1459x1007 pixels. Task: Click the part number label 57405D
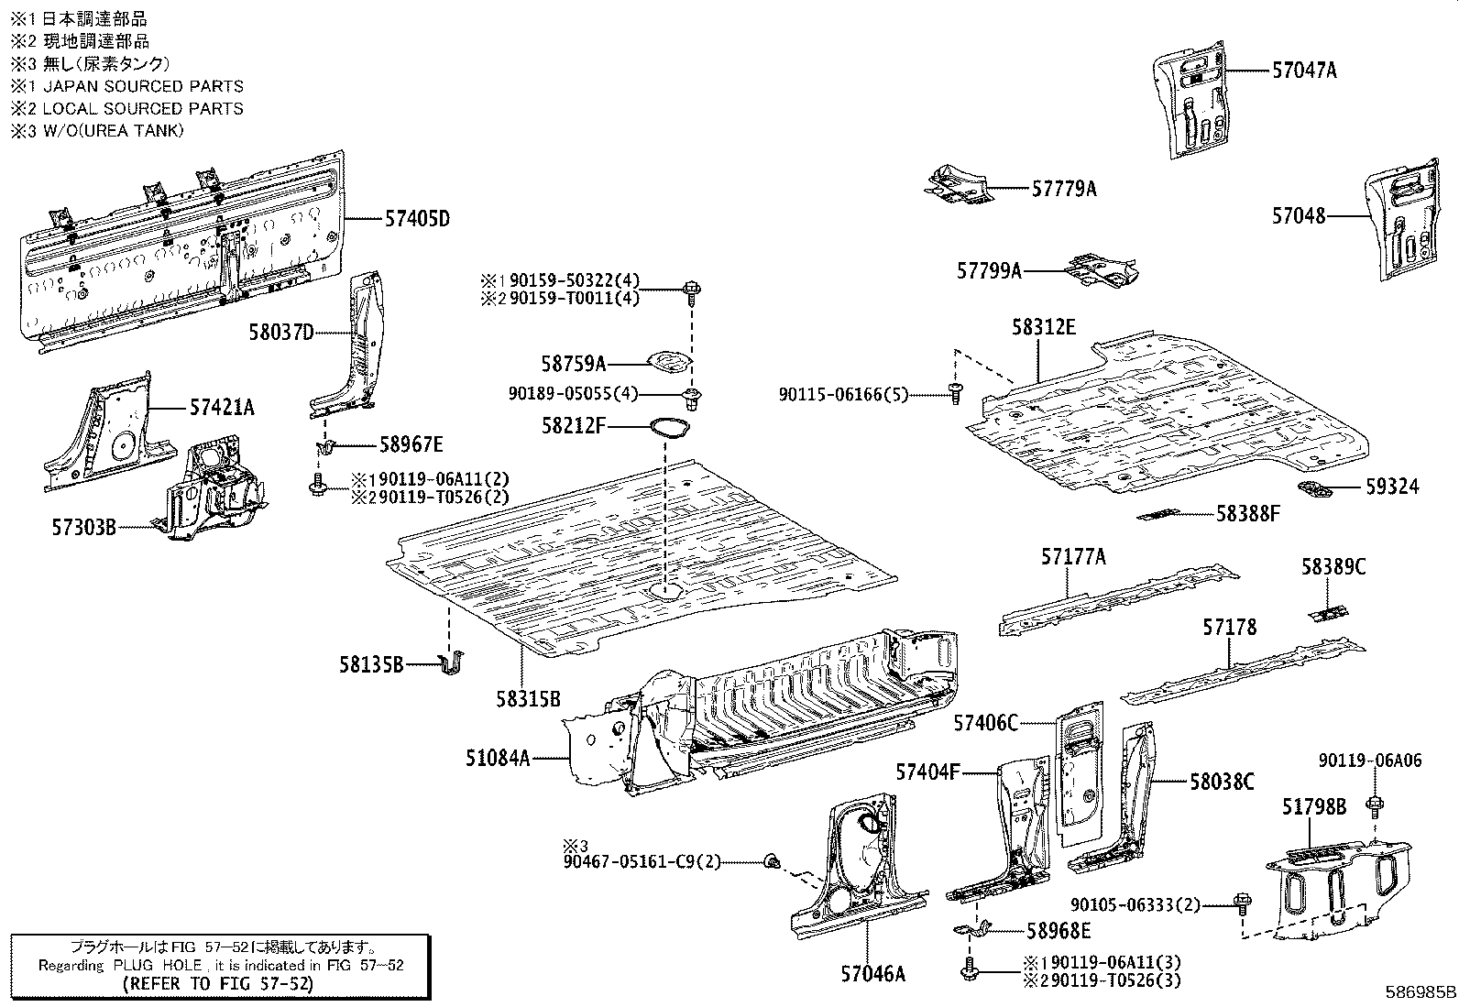point(417,219)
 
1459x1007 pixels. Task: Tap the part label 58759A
point(573,364)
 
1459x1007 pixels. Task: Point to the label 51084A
point(498,758)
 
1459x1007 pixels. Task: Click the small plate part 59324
point(1316,487)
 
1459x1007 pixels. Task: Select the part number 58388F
point(1247,514)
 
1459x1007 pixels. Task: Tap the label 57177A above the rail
point(1073,556)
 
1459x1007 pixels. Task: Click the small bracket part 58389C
point(1328,611)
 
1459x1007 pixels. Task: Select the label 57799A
point(989,270)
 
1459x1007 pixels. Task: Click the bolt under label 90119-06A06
point(1374,807)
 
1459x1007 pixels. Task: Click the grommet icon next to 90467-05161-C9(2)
point(772,860)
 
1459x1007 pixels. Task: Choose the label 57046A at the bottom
point(872,973)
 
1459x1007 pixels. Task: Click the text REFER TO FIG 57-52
point(220,984)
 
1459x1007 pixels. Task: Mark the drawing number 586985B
point(1420,992)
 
